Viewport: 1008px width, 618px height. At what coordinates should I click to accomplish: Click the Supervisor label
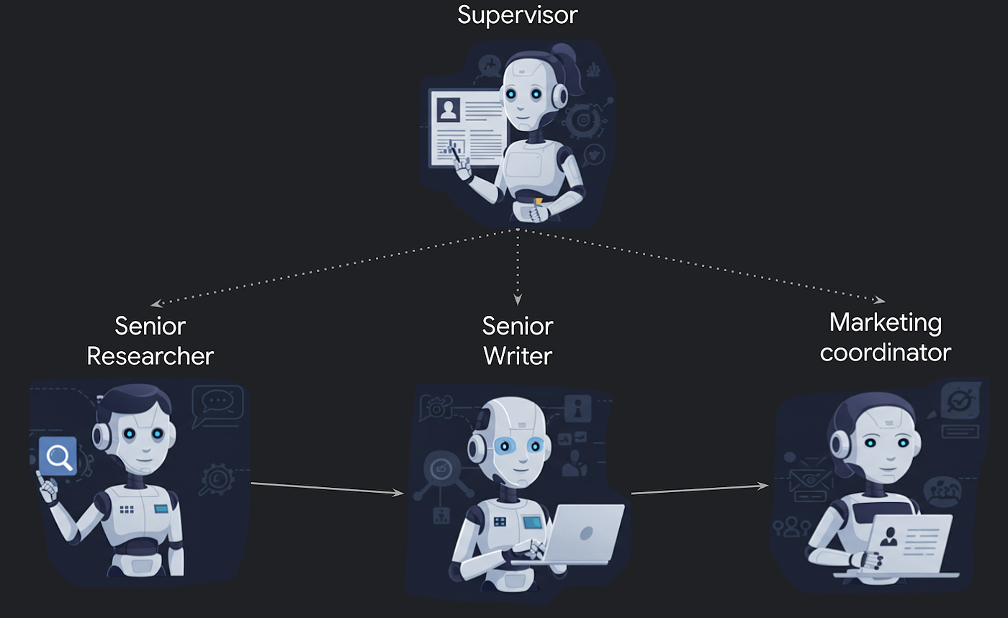517,14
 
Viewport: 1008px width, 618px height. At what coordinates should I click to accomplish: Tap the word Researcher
150,355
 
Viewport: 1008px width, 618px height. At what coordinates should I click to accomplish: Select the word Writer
518,355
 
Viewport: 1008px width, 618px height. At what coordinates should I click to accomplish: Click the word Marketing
885,322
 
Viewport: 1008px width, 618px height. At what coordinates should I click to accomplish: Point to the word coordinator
885,353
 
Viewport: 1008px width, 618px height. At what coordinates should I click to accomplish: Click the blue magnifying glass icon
58,456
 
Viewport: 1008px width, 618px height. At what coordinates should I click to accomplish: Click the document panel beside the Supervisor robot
467,127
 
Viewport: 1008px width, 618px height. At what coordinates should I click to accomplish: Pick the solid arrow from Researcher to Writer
328,489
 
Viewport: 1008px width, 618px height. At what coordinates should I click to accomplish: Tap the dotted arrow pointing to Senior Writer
518,266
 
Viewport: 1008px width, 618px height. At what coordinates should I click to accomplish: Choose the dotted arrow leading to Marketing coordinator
706,266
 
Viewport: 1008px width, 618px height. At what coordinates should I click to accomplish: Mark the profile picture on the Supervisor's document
449,109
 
